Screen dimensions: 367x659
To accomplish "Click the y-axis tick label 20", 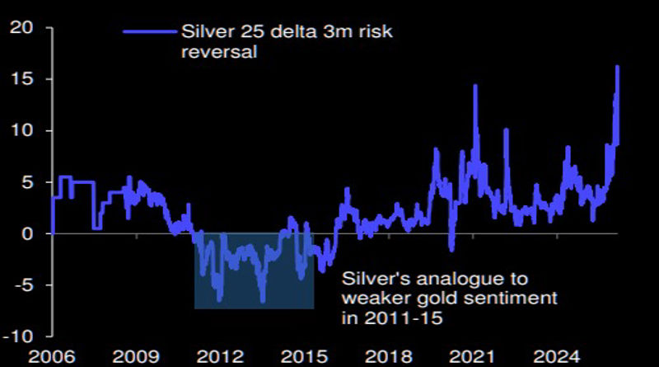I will [x=21, y=27].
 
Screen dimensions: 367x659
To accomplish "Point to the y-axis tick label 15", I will [x=21, y=79].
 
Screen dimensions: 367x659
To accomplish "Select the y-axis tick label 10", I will [x=21, y=130].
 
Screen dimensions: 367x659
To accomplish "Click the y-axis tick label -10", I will [x=20, y=336].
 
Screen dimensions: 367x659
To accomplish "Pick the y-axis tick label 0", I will [x=27, y=233].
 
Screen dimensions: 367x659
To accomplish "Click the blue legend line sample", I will [x=150, y=31].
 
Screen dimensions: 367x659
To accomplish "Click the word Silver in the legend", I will [x=203, y=31].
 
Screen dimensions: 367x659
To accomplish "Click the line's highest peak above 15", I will [x=618, y=67].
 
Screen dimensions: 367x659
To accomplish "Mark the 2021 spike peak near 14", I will [x=475, y=86].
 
